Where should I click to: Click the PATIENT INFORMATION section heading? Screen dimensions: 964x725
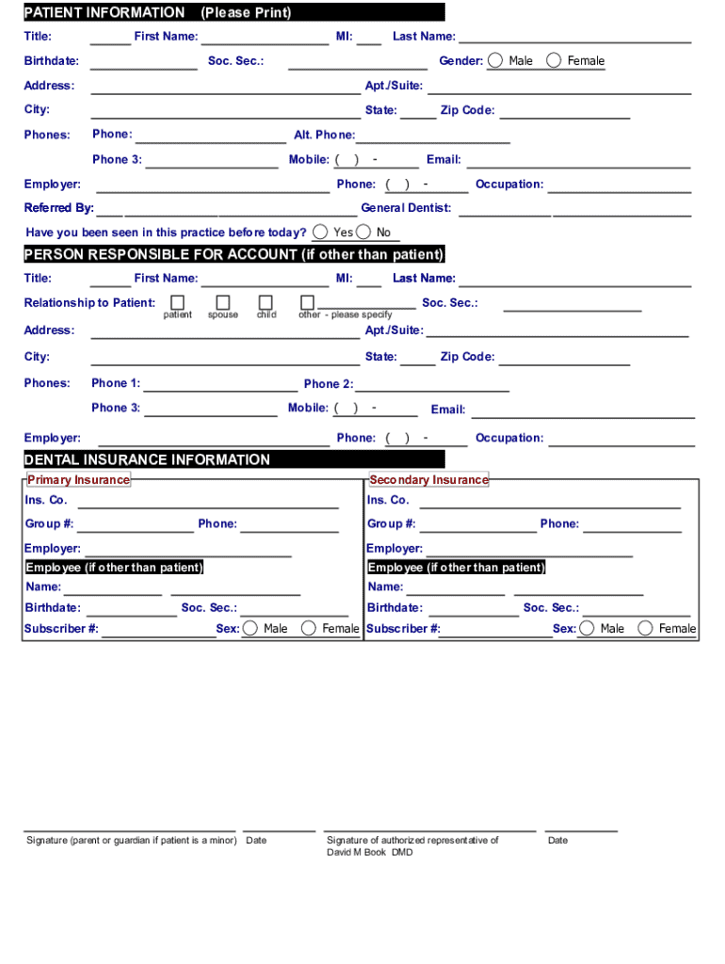(x=105, y=12)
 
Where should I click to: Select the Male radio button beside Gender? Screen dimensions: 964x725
(x=495, y=60)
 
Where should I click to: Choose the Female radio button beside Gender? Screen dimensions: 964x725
(x=554, y=60)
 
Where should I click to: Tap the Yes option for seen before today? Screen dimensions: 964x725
(x=321, y=232)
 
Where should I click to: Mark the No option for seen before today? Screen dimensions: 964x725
(x=363, y=232)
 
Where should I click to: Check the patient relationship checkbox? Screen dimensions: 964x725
(x=177, y=302)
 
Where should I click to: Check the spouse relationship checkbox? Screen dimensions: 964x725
(x=223, y=302)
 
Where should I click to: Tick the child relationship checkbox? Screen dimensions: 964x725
(x=266, y=302)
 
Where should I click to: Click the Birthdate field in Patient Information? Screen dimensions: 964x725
(x=143, y=62)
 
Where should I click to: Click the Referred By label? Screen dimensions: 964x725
(x=58, y=208)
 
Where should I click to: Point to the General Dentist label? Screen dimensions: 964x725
(x=406, y=208)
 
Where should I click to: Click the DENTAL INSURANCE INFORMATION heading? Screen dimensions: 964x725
(x=147, y=459)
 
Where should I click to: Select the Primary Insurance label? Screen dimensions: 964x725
(x=78, y=480)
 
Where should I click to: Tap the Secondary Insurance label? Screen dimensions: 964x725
(x=428, y=480)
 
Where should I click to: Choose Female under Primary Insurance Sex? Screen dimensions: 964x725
(x=308, y=628)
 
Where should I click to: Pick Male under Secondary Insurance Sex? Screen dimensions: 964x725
(x=588, y=628)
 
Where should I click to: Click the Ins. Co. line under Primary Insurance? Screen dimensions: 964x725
(x=207, y=501)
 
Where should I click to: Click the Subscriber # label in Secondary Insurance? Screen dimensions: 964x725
(x=403, y=629)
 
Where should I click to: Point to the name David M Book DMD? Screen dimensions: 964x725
(x=369, y=852)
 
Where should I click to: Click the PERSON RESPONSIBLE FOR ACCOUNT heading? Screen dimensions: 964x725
(x=234, y=254)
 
